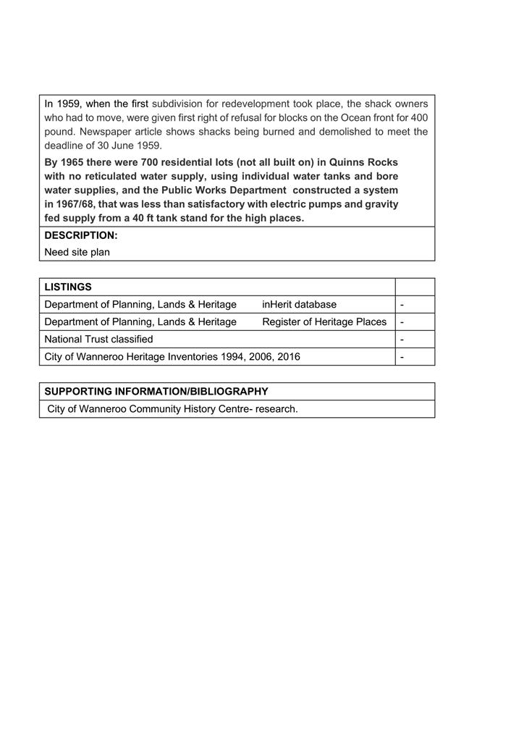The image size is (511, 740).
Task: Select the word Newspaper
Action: pyautogui.click(x=102, y=132)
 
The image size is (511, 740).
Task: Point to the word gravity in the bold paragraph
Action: pyautogui.click(x=378, y=204)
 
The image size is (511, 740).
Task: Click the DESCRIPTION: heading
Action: pyautogui.click(x=81, y=235)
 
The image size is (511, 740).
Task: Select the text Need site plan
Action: pyautogui.click(x=77, y=253)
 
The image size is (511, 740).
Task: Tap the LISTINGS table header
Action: pyautogui.click(x=68, y=287)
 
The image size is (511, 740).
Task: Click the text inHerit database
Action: pyautogui.click(x=299, y=304)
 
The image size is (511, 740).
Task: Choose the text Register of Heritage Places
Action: pyautogui.click(x=324, y=321)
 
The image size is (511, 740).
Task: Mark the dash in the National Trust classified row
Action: pyautogui.click(x=402, y=339)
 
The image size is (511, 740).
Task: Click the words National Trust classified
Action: pyautogui.click(x=98, y=339)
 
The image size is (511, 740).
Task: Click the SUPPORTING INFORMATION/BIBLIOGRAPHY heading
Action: pyautogui.click(x=156, y=392)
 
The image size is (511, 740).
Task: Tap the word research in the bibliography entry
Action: pyautogui.click(x=276, y=409)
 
